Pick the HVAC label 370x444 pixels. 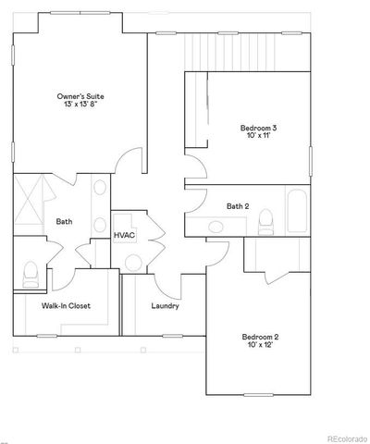125,236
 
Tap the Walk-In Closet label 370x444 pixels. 66,306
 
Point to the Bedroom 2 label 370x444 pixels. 261,337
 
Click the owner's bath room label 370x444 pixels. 64,221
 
